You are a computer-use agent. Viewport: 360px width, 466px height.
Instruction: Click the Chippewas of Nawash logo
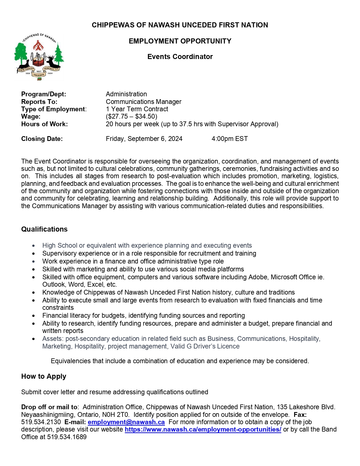coord(39,57)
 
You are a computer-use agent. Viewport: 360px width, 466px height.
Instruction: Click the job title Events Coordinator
coord(180,57)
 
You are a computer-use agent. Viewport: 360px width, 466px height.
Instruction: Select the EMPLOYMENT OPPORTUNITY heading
coord(180,41)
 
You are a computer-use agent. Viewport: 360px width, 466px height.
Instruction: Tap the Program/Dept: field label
coord(43,94)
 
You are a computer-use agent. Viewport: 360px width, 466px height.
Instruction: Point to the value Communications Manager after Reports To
coord(143,102)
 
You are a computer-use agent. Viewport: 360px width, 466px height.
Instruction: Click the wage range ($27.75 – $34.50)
coord(131,116)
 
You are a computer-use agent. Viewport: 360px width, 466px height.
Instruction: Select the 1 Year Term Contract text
coord(137,109)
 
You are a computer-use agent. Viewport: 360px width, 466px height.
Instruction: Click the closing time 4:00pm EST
coord(230,139)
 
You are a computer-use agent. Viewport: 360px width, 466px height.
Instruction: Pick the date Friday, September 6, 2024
coord(144,139)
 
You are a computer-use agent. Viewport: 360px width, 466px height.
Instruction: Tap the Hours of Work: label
coord(44,124)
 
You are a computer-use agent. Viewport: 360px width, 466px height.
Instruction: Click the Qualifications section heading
coord(44,229)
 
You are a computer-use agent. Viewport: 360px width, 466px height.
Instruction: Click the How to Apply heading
coord(43,376)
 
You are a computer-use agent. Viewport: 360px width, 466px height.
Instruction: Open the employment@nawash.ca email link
coord(126,422)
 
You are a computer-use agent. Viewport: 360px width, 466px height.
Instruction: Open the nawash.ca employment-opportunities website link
coord(203,430)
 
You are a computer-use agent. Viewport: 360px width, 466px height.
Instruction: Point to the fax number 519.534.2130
coord(41,422)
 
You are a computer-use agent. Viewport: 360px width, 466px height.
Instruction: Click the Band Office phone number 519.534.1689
coord(67,437)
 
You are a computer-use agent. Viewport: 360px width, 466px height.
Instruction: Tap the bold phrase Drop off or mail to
coord(49,407)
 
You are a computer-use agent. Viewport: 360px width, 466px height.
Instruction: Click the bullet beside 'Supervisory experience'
coord(34,254)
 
